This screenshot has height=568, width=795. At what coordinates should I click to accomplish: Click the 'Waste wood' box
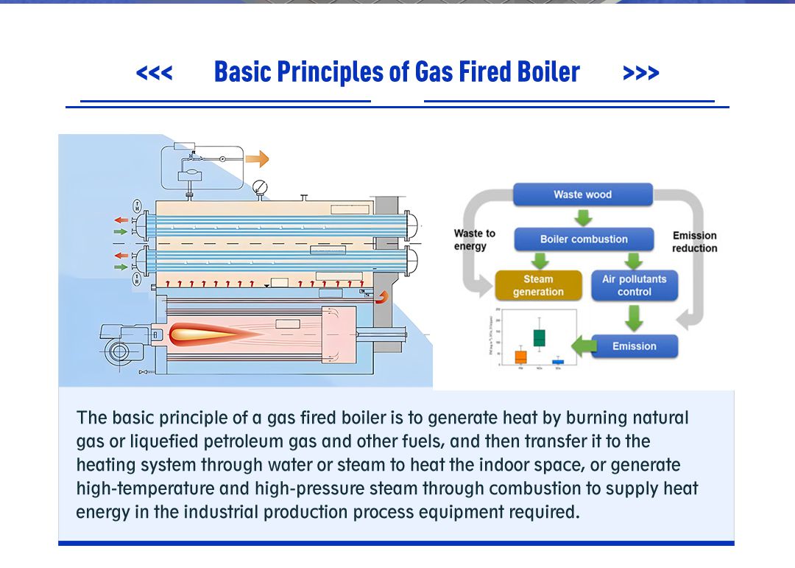pyautogui.click(x=582, y=194)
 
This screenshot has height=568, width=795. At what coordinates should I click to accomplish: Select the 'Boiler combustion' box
pyautogui.click(x=584, y=239)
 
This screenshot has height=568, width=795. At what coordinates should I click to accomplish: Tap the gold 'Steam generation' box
pyautogui.click(x=537, y=285)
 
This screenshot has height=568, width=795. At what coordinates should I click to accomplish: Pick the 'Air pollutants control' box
pyautogui.click(x=634, y=285)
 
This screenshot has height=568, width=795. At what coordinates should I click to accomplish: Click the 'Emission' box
pyautogui.click(x=634, y=346)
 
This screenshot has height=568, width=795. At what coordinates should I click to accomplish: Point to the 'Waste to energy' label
pyautogui.click(x=474, y=239)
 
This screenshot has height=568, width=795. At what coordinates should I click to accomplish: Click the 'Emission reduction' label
pyautogui.click(x=693, y=242)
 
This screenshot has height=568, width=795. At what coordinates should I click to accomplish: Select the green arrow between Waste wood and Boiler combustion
pyautogui.click(x=583, y=217)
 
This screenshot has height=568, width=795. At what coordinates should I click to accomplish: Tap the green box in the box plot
pyautogui.click(x=540, y=337)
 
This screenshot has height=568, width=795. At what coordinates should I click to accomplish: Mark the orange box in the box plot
pyautogui.click(x=520, y=357)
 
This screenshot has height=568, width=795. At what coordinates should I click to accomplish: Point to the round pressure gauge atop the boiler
pyautogui.click(x=259, y=187)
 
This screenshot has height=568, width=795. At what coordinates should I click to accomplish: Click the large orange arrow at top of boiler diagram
pyautogui.click(x=257, y=158)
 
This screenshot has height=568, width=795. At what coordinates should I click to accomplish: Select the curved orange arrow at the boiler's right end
pyautogui.click(x=382, y=296)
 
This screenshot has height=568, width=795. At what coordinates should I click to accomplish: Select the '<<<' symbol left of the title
pyautogui.click(x=154, y=73)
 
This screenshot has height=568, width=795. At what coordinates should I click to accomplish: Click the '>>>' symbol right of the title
pyautogui.click(x=640, y=73)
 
